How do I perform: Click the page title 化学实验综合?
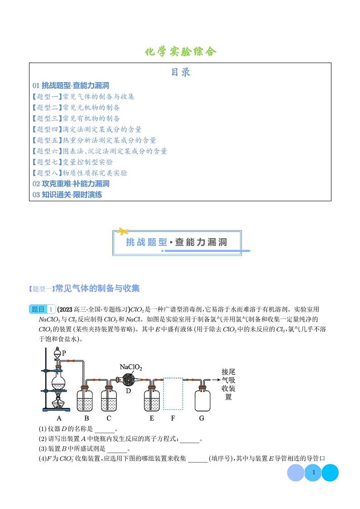[x=180, y=51]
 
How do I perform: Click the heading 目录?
[x=180, y=72]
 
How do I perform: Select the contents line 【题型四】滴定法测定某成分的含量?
[x=87, y=129]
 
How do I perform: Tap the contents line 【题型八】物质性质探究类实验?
[x=80, y=173]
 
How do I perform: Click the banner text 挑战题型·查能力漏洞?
[x=177, y=242]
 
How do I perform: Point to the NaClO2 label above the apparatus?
[x=131, y=367]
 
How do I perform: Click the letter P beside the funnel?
[x=64, y=352]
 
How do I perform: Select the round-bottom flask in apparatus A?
[x=58, y=381]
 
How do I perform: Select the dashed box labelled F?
[x=173, y=393]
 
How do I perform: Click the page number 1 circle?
[x=313, y=473]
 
